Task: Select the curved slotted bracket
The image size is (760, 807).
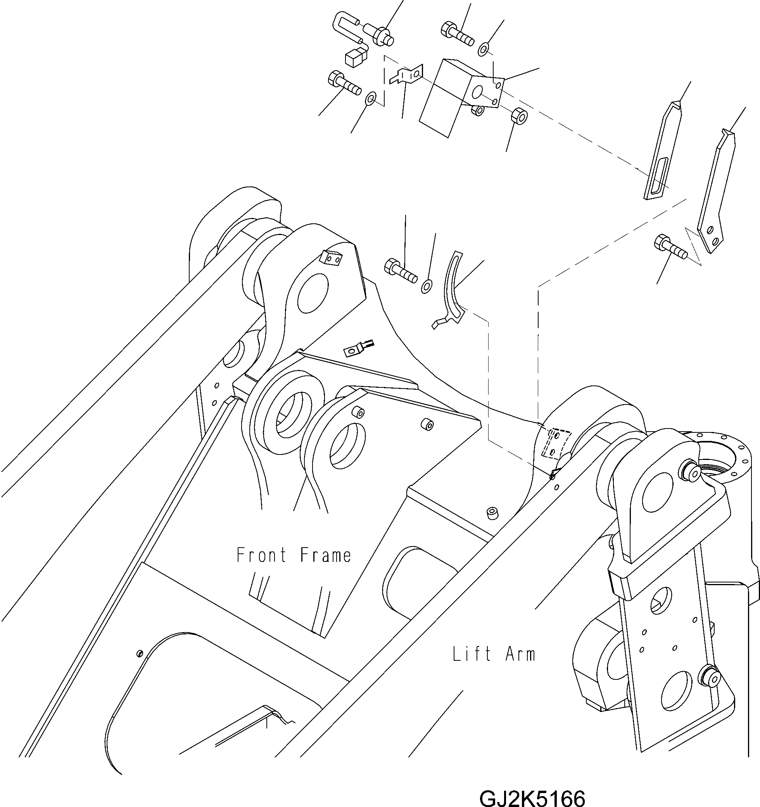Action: tap(454, 289)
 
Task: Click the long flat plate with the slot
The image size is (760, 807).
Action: tap(662, 152)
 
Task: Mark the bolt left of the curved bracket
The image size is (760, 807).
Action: tap(400, 270)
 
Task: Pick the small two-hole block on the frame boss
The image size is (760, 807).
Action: tap(331, 259)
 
